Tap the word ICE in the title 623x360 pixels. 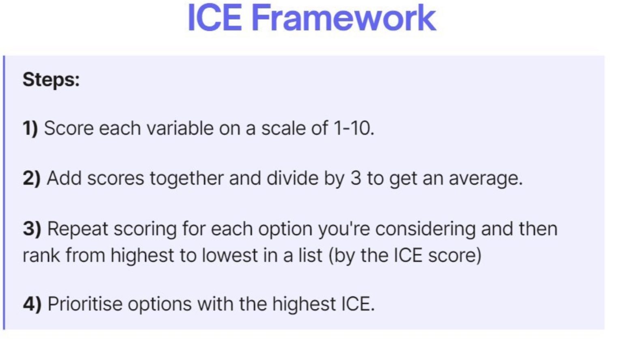(x=215, y=18)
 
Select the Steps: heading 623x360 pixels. (x=51, y=79)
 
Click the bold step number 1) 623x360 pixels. (x=30, y=129)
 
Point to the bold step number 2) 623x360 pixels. (x=31, y=179)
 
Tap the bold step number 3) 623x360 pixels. (x=32, y=229)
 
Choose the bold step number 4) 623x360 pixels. (x=32, y=304)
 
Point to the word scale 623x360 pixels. (x=283, y=129)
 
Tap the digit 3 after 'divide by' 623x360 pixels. (x=355, y=179)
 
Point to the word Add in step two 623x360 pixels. (x=64, y=179)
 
